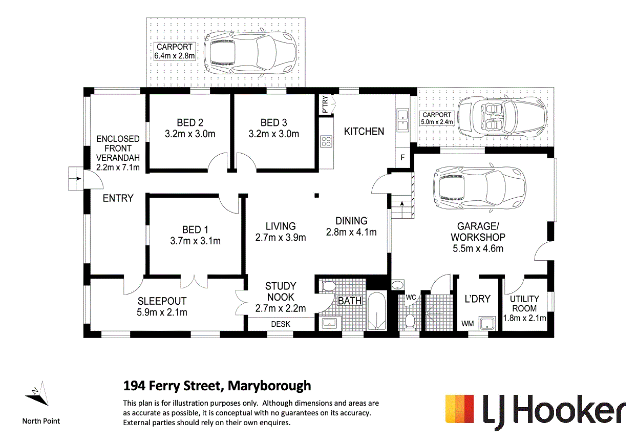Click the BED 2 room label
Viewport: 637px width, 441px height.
pyautogui.click(x=189, y=123)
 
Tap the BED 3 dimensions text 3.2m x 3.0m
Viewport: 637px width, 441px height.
pyautogui.click(x=273, y=134)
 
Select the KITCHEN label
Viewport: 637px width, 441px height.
pyautogui.click(x=364, y=132)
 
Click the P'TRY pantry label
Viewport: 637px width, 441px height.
pyautogui.click(x=325, y=105)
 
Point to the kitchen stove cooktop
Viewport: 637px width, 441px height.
pyautogui.click(x=326, y=141)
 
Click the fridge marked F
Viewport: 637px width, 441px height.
pyautogui.click(x=402, y=158)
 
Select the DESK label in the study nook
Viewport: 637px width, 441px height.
pyautogui.click(x=281, y=324)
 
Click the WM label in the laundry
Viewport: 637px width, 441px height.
pyautogui.click(x=468, y=323)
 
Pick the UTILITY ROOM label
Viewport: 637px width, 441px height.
pyautogui.click(x=525, y=303)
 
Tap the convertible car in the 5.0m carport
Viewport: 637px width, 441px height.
pyautogui.click(x=501, y=117)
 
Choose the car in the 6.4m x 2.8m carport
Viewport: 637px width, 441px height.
pyautogui.click(x=249, y=51)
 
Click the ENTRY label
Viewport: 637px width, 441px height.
pyautogui.click(x=118, y=198)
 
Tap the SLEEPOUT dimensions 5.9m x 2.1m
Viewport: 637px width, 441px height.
pyautogui.click(x=162, y=312)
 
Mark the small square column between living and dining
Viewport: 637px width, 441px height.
pyautogui.click(x=317, y=195)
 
